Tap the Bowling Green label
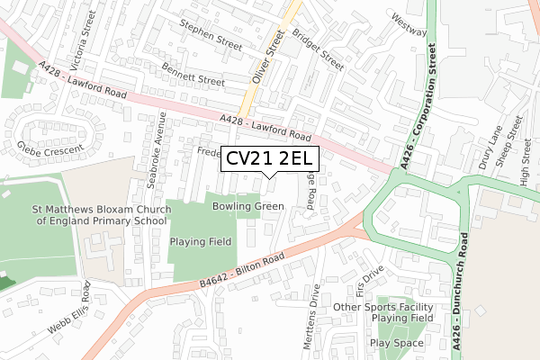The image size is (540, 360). (x=247, y=206)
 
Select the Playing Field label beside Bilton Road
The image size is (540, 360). (x=201, y=241)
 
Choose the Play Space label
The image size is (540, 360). (x=395, y=344)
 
